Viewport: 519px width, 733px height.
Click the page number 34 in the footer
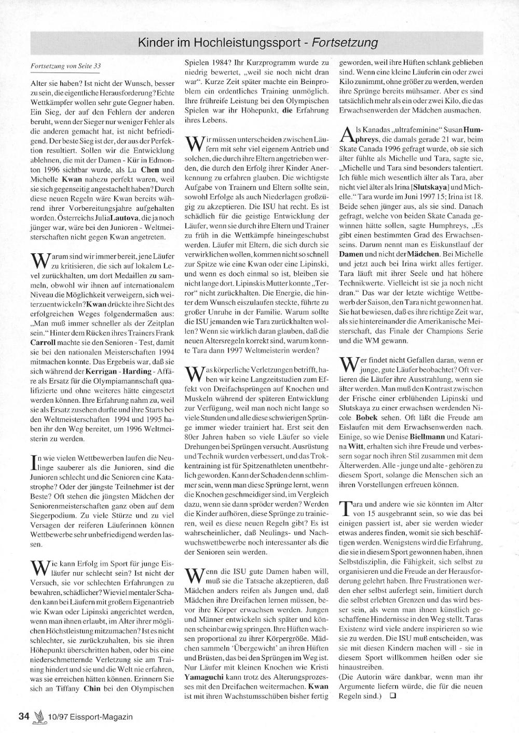tap(23, 716)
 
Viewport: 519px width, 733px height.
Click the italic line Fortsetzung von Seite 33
tap(66, 66)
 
